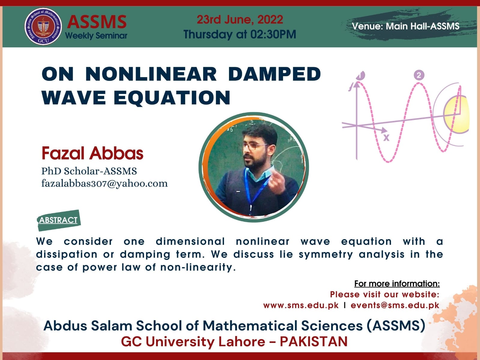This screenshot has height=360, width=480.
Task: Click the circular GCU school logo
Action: point(43,26)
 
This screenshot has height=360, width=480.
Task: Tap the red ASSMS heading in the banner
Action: point(97,22)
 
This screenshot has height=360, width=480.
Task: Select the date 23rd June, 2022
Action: point(240,20)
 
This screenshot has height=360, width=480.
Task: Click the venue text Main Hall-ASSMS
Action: point(422,26)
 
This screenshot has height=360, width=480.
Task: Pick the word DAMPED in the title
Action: point(274,74)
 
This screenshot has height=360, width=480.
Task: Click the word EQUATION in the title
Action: point(172,97)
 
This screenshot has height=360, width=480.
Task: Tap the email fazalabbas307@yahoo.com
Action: point(104,184)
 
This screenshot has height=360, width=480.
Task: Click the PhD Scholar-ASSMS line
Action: point(89,171)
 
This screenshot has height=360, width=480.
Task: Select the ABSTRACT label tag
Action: point(59,220)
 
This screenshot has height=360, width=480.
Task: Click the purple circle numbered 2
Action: point(419,75)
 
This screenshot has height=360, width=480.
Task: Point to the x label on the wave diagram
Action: point(386,138)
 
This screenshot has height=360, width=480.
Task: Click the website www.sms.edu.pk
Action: point(301,305)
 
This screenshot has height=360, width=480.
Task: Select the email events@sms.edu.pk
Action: point(395,305)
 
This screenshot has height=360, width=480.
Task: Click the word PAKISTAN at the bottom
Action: point(314,342)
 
